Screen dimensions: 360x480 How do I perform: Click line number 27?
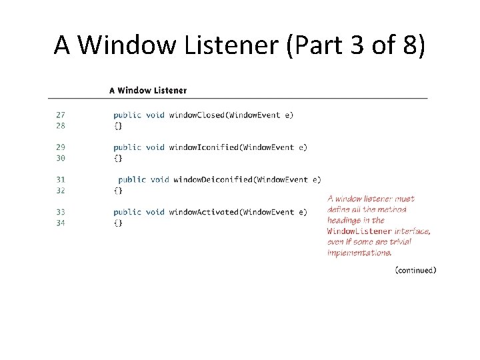point(61,115)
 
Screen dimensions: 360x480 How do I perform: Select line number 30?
point(61,158)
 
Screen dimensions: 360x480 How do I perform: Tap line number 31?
point(61,179)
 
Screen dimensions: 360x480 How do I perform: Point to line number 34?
point(61,223)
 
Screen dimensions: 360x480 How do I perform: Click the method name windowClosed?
point(196,115)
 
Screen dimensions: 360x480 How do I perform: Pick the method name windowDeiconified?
point(213,179)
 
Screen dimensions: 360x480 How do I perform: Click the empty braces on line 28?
point(118,125)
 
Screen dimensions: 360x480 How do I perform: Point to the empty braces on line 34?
point(118,223)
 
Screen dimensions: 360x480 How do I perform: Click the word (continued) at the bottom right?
point(415,270)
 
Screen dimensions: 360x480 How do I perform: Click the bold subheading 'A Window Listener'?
point(148,90)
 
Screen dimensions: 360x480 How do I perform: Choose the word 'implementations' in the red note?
point(359,253)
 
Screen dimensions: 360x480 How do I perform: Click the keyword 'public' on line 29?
point(127,147)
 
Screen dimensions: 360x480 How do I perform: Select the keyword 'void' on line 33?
point(155,212)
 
